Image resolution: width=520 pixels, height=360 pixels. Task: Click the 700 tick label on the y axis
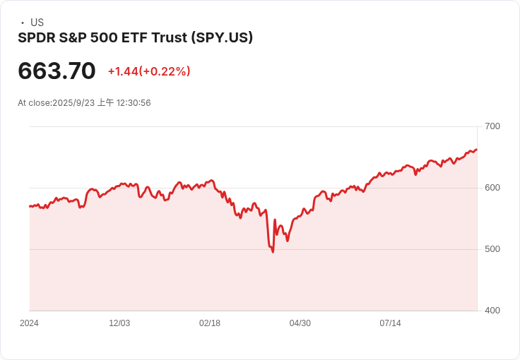point(492,126)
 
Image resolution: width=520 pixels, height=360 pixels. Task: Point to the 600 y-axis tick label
point(492,188)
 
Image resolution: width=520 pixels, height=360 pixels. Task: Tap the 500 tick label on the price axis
point(492,249)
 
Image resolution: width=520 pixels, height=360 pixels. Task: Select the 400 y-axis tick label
point(492,311)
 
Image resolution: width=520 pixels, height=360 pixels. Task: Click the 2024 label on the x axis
point(29,323)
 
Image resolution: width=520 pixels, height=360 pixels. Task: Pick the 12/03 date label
point(119,323)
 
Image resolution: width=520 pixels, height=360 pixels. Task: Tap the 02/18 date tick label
point(210,323)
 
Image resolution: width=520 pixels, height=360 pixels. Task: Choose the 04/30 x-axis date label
point(300,323)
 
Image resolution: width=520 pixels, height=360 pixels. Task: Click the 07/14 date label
point(391,323)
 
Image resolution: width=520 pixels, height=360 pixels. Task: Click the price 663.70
point(57,71)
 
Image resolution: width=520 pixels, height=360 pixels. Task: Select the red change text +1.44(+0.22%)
point(149,71)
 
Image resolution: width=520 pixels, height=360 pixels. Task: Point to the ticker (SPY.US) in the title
point(223,37)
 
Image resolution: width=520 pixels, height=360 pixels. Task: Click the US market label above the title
point(37,23)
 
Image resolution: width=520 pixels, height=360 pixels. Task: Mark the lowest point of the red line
point(273,252)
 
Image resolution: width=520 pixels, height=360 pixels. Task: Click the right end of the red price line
point(477,149)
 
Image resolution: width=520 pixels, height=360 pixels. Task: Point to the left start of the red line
point(30,206)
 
